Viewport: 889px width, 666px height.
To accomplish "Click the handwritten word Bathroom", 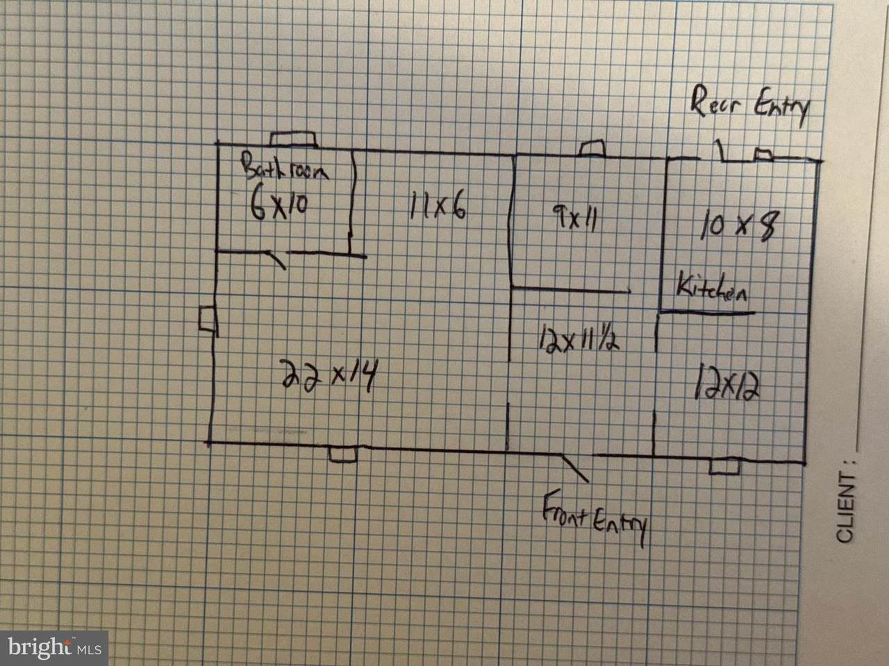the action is (285, 167).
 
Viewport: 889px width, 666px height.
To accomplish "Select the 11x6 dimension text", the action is (438, 205).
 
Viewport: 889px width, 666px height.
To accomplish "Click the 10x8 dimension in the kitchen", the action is (740, 225).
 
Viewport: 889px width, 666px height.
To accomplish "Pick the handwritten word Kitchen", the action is (712, 287).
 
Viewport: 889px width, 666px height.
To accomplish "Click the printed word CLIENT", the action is (846, 507).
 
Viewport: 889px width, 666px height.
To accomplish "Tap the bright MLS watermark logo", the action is (54, 648).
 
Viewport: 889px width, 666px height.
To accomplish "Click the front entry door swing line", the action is (574, 468).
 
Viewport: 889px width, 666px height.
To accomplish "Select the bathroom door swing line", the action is (277, 259).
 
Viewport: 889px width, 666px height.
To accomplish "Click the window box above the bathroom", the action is (294, 139).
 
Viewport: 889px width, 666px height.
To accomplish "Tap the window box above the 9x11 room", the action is (592, 148).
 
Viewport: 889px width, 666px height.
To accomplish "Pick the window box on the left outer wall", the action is (208, 319).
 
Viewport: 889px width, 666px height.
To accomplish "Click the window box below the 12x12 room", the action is (725, 466).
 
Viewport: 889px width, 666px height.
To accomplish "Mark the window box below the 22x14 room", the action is (343, 454).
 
